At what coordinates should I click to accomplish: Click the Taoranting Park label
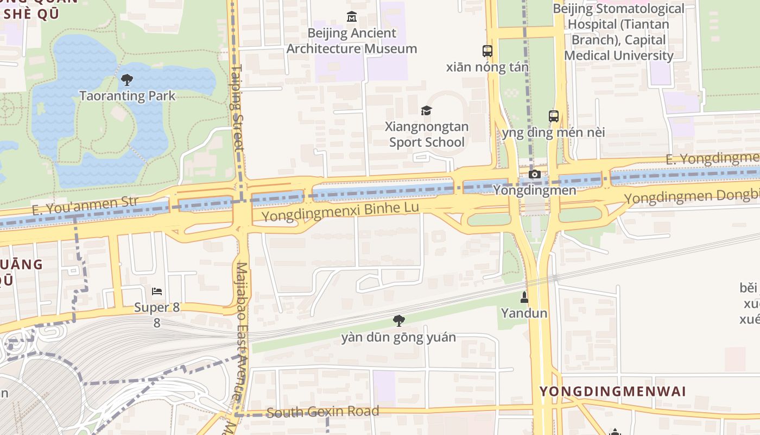click(x=128, y=96)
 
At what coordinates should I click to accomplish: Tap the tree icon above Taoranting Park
click(x=127, y=80)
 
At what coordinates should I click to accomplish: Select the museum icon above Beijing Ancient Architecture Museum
click(x=351, y=17)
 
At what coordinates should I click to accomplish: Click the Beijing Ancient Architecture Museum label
click(x=352, y=41)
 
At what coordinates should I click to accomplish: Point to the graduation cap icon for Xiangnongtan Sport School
click(x=426, y=111)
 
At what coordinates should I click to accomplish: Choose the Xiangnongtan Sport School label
click(x=427, y=134)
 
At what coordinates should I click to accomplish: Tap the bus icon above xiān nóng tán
click(x=487, y=51)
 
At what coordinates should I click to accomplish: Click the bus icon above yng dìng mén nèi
click(x=554, y=116)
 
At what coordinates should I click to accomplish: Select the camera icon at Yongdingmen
click(x=535, y=175)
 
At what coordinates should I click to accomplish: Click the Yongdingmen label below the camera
click(x=535, y=190)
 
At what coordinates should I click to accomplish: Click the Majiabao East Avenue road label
click(x=242, y=332)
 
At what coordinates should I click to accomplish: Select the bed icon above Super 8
click(x=157, y=291)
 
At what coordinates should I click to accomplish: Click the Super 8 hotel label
click(x=157, y=308)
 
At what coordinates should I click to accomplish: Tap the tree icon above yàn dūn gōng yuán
click(x=399, y=321)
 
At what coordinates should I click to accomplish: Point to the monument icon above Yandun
click(x=524, y=297)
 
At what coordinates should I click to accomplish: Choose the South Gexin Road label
click(x=323, y=412)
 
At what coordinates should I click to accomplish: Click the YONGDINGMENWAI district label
click(x=613, y=391)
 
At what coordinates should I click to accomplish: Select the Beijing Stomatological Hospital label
click(x=619, y=32)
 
